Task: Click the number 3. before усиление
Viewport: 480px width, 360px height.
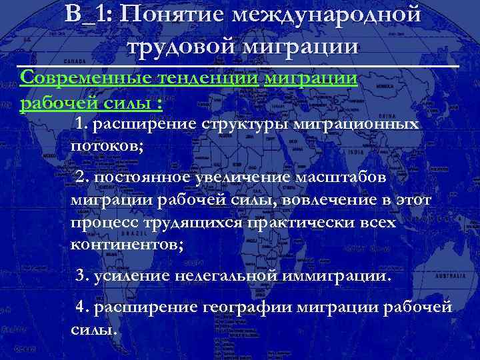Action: coord(83,275)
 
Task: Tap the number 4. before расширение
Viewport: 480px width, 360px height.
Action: coord(83,307)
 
